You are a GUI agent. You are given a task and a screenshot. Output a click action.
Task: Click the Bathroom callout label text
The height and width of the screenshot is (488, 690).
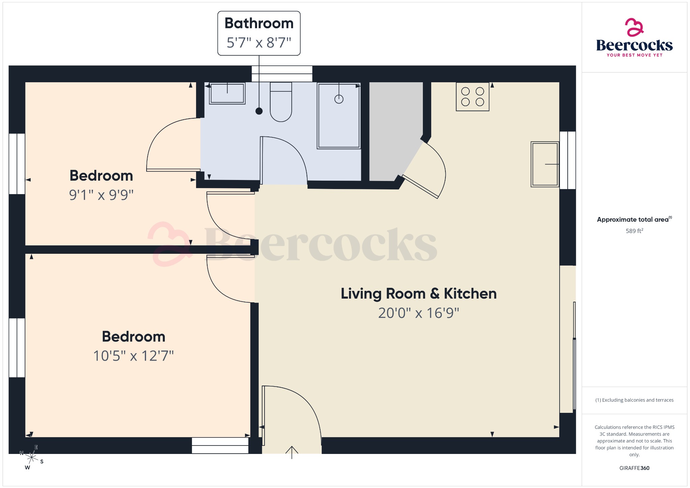[x=259, y=24]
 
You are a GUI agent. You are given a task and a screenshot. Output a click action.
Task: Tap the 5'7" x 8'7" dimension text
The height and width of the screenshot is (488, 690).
[x=259, y=43]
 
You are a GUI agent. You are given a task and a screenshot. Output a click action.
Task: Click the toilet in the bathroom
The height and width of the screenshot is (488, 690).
[x=281, y=103]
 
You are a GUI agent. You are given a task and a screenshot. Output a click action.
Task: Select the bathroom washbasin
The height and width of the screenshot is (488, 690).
[x=227, y=93]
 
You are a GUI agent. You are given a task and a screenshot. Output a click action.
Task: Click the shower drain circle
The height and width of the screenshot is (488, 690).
[x=339, y=99]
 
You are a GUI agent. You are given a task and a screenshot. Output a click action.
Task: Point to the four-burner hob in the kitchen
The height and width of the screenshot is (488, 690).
[x=472, y=97]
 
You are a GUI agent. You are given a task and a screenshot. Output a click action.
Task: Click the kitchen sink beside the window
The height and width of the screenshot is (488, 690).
[x=544, y=164]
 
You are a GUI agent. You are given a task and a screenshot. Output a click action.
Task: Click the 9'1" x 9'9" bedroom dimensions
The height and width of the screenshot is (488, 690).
[x=101, y=195]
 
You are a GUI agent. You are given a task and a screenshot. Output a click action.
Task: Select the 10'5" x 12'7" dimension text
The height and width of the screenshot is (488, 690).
[x=133, y=356]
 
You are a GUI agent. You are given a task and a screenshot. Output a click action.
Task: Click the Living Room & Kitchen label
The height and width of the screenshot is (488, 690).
[x=418, y=294]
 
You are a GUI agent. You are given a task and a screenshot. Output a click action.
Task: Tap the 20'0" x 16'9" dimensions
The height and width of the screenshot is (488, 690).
[x=418, y=313]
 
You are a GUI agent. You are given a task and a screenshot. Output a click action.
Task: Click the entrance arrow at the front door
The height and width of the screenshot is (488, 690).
[x=292, y=452]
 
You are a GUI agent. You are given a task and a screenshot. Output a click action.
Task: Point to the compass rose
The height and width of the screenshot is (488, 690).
[x=32, y=458]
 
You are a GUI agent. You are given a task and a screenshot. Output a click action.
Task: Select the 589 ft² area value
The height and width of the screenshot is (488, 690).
[x=634, y=231]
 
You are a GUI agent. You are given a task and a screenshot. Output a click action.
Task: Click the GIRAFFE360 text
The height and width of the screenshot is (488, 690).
[x=634, y=468]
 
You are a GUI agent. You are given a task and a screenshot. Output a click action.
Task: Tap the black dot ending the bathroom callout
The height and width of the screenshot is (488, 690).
[x=259, y=111]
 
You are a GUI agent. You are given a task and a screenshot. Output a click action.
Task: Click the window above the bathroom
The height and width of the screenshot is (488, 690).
[x=282, y=74]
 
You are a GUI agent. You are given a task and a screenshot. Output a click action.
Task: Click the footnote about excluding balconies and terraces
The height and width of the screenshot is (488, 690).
[x=634, y=400]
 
